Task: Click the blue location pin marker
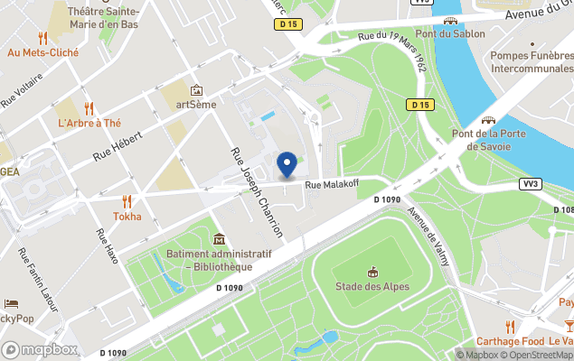pyautogui.click(x=287, y=163)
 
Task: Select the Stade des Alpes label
pyautogui.click(x=372, y=287)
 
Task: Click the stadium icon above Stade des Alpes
pyautogui.click(x=372, y=272)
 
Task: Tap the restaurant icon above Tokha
pyautogui.click(x=127, y=201)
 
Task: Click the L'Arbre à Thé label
pyautogui.click(x=89, y=123)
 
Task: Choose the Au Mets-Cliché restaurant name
pyautogui.click(x=42, y=52)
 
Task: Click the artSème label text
pyautogui.click(x=196, y=104)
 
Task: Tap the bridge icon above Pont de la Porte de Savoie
pyautogui.click(x=488, y=119)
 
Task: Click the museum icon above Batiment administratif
pyautogui.click(x=219, y=239)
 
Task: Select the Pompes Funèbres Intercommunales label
pyautogui.click(x=531, y=62)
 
